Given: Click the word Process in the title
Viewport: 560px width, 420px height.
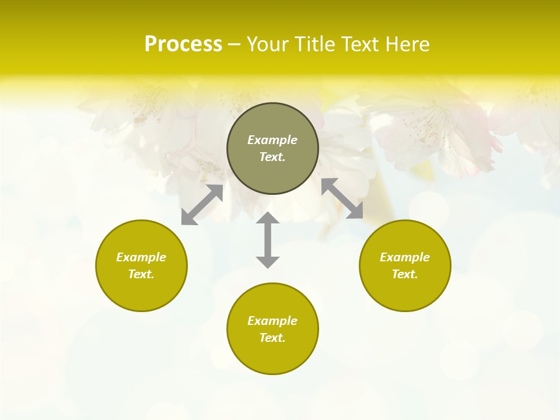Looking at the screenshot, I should coord(183,44).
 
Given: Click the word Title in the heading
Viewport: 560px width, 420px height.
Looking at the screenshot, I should coord(315,44).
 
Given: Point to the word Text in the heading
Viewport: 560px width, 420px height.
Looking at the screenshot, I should coord(358,44).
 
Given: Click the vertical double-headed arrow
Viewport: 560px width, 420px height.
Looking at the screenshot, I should coord(268,240).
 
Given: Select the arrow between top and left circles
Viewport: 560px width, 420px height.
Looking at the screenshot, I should coord(202,205).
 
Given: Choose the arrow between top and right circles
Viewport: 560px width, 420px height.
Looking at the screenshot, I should coord(342,198).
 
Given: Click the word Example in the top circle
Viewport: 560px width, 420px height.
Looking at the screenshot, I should coord(272,140).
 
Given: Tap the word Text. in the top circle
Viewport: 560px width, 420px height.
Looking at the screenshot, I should coord(272,157).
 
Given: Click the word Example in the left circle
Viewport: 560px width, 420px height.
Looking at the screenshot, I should coord(141,257).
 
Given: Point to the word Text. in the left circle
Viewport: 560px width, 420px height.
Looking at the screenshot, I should coord(141,274).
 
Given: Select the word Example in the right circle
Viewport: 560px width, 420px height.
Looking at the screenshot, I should coord(405,257).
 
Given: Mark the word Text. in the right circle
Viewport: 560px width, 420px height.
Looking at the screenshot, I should coord(405,274).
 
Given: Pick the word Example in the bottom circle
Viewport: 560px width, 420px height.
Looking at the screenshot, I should coord(272,321).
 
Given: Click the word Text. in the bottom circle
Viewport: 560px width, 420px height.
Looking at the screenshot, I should coord(272,338).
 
